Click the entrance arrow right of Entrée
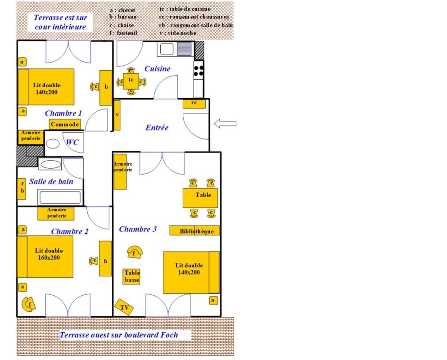[x=225, y=124]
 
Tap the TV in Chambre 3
[x=124, y=307]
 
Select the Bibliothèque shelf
[x=194, y=231]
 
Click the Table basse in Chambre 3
[x=132, y=276]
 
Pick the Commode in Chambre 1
[x=65, y=124]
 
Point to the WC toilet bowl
[x=53, y=144]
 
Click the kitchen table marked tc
[x=131, y=81]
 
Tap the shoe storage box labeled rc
[x=194, y=103]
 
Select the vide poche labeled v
[x=117, y=115]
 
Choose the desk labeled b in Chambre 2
[x=105, y=259]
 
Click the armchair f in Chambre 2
[x=29, y=305]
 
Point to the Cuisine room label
[x=157, y=69]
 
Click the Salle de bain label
[x=51, y=182]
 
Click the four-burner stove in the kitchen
[x=199, y=70]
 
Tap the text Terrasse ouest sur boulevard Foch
[x=119, y=335]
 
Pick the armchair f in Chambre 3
[x=134, y=252]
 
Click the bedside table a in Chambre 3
[x=213, y=300]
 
